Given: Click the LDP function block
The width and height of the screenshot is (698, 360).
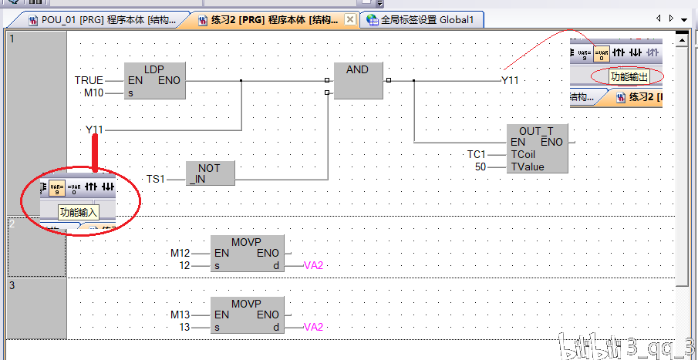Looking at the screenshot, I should pyautogui.click(x=154, y=80).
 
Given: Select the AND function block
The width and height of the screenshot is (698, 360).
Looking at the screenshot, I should pyautogui.click(x=357, y=80).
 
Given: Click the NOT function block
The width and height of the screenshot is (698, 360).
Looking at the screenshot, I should pyautogui.click(x=210, y=173).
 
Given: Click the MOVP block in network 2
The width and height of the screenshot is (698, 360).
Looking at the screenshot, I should pyautogui.click(x=247, y=253).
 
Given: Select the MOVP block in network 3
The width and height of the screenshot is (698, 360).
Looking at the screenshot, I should pyautogui.click(x=247, y=315).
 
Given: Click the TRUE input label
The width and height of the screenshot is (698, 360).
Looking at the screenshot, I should pyautogui.click(x=88, y=80).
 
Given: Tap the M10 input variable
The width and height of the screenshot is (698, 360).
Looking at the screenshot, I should pyautogui.click(x=93, y=93).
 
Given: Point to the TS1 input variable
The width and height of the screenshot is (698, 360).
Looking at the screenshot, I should pyautogui.click(x=156, y=179).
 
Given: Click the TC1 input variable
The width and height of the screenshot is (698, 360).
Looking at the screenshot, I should pyautogui.click(x=477, y=154).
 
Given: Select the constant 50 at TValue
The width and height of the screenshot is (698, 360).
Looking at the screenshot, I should pyautogui.click(x=480, y=167).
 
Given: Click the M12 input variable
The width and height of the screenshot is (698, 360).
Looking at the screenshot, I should pyautogui.click(x=180, y=253).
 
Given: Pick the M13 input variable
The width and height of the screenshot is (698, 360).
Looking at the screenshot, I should pyautogui.click(x=180, y=315).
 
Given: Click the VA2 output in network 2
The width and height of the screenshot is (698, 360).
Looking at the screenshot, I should pyautogui.click(x=313, y=265).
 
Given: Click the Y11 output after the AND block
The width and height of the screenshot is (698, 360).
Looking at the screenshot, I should pyautogui.click(x=510, y=80).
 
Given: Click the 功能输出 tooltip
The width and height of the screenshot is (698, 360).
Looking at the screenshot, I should pyautogui.click(x=629, y=76).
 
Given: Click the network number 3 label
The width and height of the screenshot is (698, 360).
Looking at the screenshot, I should pyautogui.click(x=12, y=284).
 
